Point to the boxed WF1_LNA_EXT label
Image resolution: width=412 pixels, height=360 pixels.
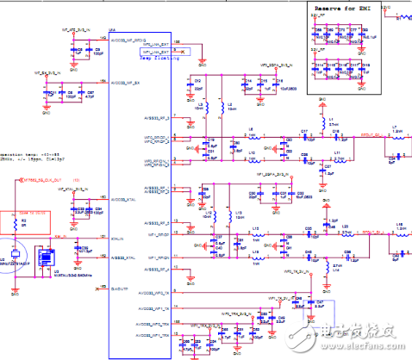[x=157, y=53]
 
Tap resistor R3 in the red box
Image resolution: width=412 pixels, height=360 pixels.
[x=22, y=221]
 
